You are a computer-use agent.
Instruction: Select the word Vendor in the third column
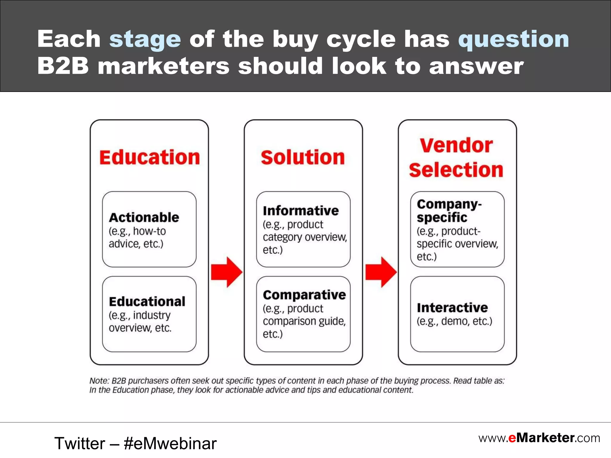pos(456,146)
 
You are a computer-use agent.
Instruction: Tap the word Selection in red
pos(456,170)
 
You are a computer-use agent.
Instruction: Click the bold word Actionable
pos(144,217)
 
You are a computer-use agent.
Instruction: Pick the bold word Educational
pos(147,301)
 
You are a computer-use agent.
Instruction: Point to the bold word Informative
pos(301,211)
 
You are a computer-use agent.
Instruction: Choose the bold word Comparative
pos(304,295)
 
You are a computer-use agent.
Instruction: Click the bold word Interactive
pos(452,308)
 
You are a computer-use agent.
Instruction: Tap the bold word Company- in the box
pos(449,204)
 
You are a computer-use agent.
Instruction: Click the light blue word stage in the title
pos(145,40)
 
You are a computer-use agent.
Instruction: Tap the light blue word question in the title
pos(513,39)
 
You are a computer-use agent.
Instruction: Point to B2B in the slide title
pos(63,66)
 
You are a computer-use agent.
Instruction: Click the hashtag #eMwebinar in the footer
pos(170,443)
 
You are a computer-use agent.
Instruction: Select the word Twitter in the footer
pos(80,443)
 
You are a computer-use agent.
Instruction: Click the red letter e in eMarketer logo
pos(512,438)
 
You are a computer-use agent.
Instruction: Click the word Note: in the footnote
pos(99,381)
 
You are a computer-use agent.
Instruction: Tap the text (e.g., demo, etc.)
pos(454,321)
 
